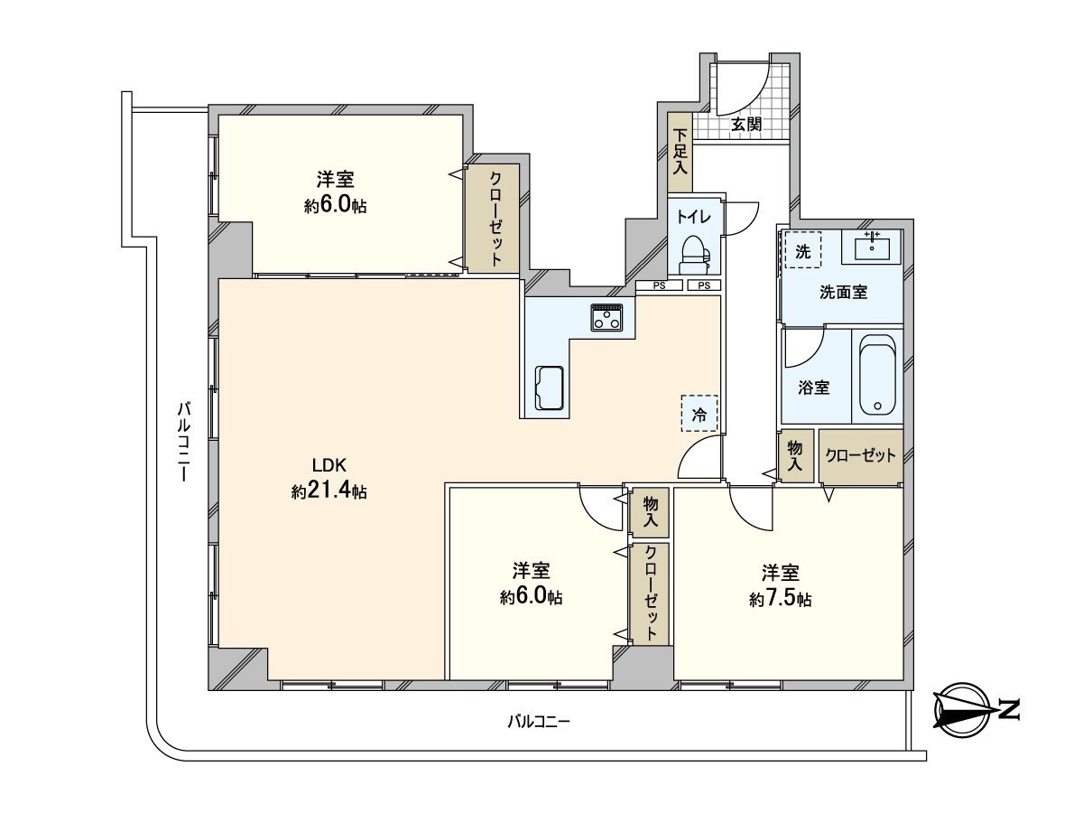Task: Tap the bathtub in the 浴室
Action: point(876,374)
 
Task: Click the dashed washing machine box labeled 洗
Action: point(802,250)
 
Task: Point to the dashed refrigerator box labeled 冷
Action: point(699,414)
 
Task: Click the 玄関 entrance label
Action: point(746,124)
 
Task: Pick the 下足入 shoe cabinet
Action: point(680,152)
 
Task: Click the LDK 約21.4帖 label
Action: point(329,478)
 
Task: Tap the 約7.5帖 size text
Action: point(781,599)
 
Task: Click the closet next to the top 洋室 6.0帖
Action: point(493,218)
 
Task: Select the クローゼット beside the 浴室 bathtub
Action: point(860,456)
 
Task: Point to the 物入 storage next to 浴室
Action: point(795,455)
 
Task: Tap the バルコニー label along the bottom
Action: point(539,721)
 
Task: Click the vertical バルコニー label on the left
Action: point(183,442)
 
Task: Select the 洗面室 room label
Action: point(843,292)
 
